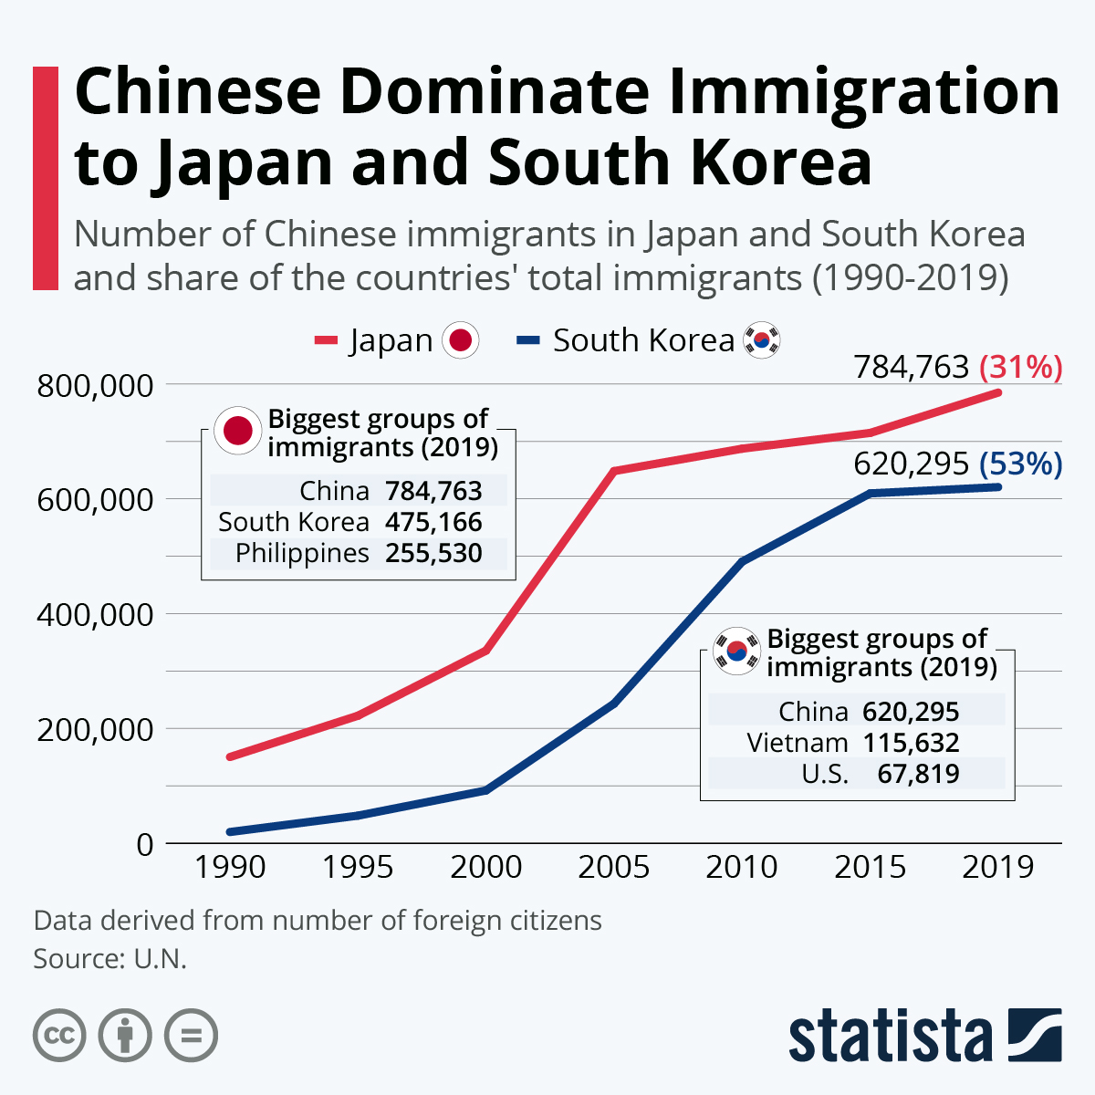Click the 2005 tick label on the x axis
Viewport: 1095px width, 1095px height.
pos(613,866)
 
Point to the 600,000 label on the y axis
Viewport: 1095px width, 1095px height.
pos(95,500)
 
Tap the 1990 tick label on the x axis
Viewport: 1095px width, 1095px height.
pos(230,866)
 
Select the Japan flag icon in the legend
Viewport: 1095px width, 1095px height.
pos(461,341)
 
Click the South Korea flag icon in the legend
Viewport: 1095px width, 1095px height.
pos(762,341)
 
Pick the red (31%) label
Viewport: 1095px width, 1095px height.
pos(1020,367)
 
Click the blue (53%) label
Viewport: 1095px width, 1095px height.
pos(1020,464)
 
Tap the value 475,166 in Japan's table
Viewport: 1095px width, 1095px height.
pos(433,522)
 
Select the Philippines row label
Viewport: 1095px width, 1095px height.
pos(302,553)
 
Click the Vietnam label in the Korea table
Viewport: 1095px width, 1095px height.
pos(797,742)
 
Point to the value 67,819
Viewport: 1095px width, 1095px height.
pos(918,774)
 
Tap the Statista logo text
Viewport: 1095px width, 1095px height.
pos(891,1037)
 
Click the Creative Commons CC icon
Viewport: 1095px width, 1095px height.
pos(59,1036)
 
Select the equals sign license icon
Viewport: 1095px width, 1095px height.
pos(191,1036)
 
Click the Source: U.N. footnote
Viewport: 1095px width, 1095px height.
pos(109,959)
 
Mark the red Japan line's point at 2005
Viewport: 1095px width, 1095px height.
pos(614,471)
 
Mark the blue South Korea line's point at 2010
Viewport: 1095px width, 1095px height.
pos(742,561)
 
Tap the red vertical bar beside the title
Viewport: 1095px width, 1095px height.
pos(46,178)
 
